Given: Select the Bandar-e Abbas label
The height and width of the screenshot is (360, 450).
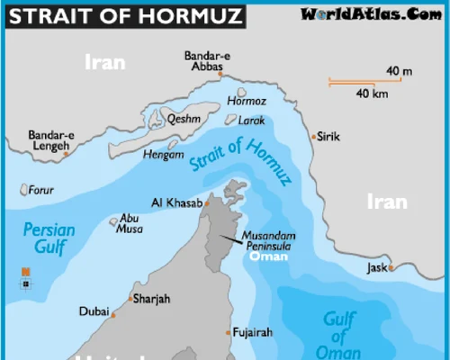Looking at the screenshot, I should click(206, 60).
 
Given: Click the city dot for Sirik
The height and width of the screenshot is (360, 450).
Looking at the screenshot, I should click(313, 137).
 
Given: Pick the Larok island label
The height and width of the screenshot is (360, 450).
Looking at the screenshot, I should click(251, 119).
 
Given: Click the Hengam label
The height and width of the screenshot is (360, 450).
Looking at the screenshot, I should click(164, 155).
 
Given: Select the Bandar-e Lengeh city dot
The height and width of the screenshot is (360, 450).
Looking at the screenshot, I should click(66, 154).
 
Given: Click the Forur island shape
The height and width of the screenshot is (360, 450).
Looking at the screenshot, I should click(23, 190).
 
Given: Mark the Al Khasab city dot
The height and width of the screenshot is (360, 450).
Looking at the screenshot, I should click(206, 203).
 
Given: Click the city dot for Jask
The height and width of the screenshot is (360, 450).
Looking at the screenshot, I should click(391, 267).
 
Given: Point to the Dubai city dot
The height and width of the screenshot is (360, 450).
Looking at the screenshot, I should click(112, 315).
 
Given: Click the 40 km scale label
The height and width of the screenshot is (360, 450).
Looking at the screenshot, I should click(371, 94).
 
